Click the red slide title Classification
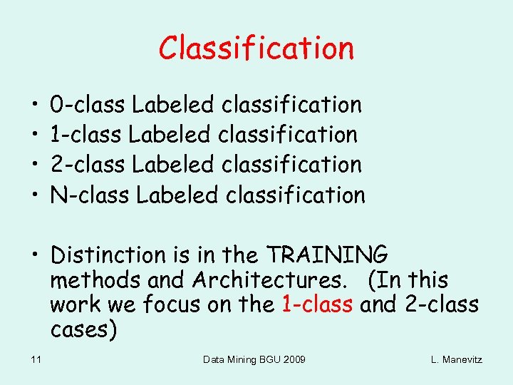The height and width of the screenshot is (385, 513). coord(256,48)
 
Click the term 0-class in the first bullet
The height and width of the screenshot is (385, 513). coord(88,105)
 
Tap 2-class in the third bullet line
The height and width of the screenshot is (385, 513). coord(88,165)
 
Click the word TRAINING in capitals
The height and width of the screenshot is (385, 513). coord(327,255)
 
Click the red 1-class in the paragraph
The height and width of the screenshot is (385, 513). coord(317,305)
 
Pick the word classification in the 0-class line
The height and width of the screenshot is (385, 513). coord(292,105)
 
